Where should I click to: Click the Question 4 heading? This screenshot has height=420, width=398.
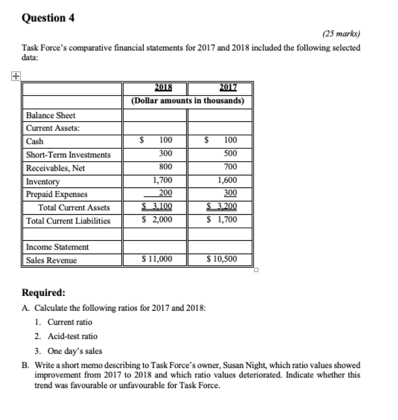pos(48,18)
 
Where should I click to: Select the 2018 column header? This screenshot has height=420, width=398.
pos(163,87)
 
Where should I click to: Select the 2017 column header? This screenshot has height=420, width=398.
pos(228,87)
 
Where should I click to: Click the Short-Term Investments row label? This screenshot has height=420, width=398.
pos(68,155)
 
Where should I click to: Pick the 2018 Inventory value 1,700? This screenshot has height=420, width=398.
pos(162,180)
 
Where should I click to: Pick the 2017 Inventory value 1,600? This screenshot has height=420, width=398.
pos(227,180)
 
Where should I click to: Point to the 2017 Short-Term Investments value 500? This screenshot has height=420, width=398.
pos(230,154)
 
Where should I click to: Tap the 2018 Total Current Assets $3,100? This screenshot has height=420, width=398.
pos(157,207)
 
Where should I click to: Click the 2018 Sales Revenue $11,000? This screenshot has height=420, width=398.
pos(157,259)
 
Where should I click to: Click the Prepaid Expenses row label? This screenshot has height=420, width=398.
pos(57,194)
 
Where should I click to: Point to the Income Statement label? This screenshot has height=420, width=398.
pos(57,247)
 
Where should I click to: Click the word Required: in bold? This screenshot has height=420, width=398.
pos(43,293)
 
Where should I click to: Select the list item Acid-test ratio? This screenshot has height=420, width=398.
pos(72,336)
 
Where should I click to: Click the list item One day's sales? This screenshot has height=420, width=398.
pos(75,351)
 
